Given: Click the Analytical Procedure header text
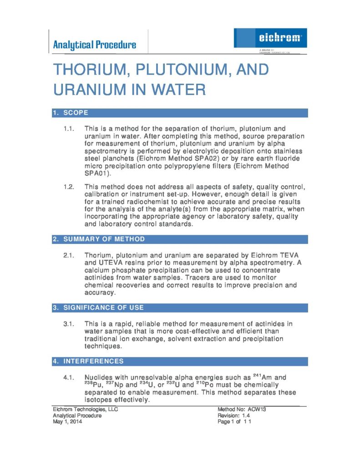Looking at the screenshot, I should [95, 45].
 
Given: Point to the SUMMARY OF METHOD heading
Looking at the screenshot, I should [104, 239].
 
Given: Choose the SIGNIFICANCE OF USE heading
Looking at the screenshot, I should [103, 308].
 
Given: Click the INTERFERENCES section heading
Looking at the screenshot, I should [93, 361].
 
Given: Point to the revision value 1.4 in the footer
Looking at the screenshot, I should [245, 415].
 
